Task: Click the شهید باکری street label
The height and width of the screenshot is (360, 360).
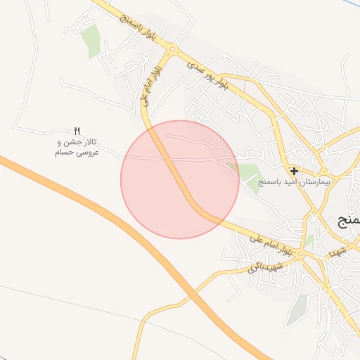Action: click(268, 266)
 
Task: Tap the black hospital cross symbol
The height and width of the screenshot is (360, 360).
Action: click(294, 170)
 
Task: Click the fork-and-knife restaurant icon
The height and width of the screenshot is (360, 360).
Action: click(77, 131)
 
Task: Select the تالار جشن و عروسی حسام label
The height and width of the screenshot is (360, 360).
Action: click(77, 146)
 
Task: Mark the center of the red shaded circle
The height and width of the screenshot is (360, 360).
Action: click(180, 179)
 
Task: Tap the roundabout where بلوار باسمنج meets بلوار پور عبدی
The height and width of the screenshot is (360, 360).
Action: click(172, 49)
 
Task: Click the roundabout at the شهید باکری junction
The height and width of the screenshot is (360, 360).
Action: click(300, 255)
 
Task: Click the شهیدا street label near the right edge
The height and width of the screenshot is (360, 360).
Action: click(338, 250)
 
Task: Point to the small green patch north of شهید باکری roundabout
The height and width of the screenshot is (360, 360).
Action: click(309, 240)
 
